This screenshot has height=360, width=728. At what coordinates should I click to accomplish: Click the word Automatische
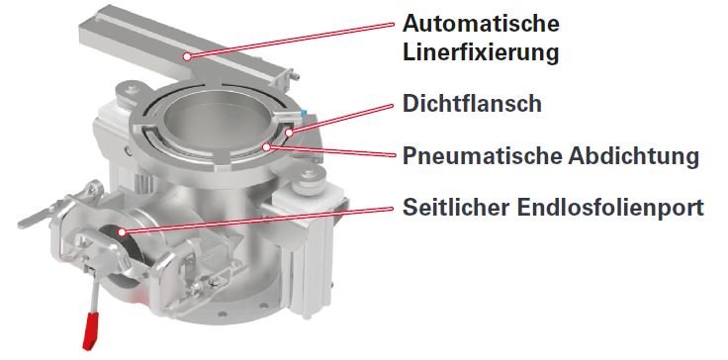pos(481,23)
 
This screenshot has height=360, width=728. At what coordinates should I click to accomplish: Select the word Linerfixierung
pos(481,53)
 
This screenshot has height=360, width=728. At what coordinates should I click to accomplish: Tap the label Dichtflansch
pos(472,103)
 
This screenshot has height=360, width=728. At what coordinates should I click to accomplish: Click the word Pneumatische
pos(482,155)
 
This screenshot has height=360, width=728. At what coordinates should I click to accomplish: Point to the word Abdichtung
pos(633,155)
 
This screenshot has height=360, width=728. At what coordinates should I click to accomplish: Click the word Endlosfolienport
pos(610,207)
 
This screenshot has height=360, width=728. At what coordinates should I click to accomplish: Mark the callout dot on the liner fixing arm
pos(187,56)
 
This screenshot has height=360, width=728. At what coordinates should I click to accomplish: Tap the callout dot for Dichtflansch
pos(289,133)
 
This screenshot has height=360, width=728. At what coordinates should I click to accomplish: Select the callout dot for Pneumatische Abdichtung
pos(266,147)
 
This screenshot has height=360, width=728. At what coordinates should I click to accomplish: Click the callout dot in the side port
pos(122,231)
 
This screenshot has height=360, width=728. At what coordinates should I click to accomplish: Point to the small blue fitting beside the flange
pos(304,114)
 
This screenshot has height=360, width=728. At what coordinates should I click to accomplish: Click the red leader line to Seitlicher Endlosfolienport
pos(258,221)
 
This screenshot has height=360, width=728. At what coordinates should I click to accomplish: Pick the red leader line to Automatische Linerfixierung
pos(291,40)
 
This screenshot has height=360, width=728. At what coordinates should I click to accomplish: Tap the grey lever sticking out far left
pos(40,219)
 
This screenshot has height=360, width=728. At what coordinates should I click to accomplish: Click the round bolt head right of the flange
pos(308,175)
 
